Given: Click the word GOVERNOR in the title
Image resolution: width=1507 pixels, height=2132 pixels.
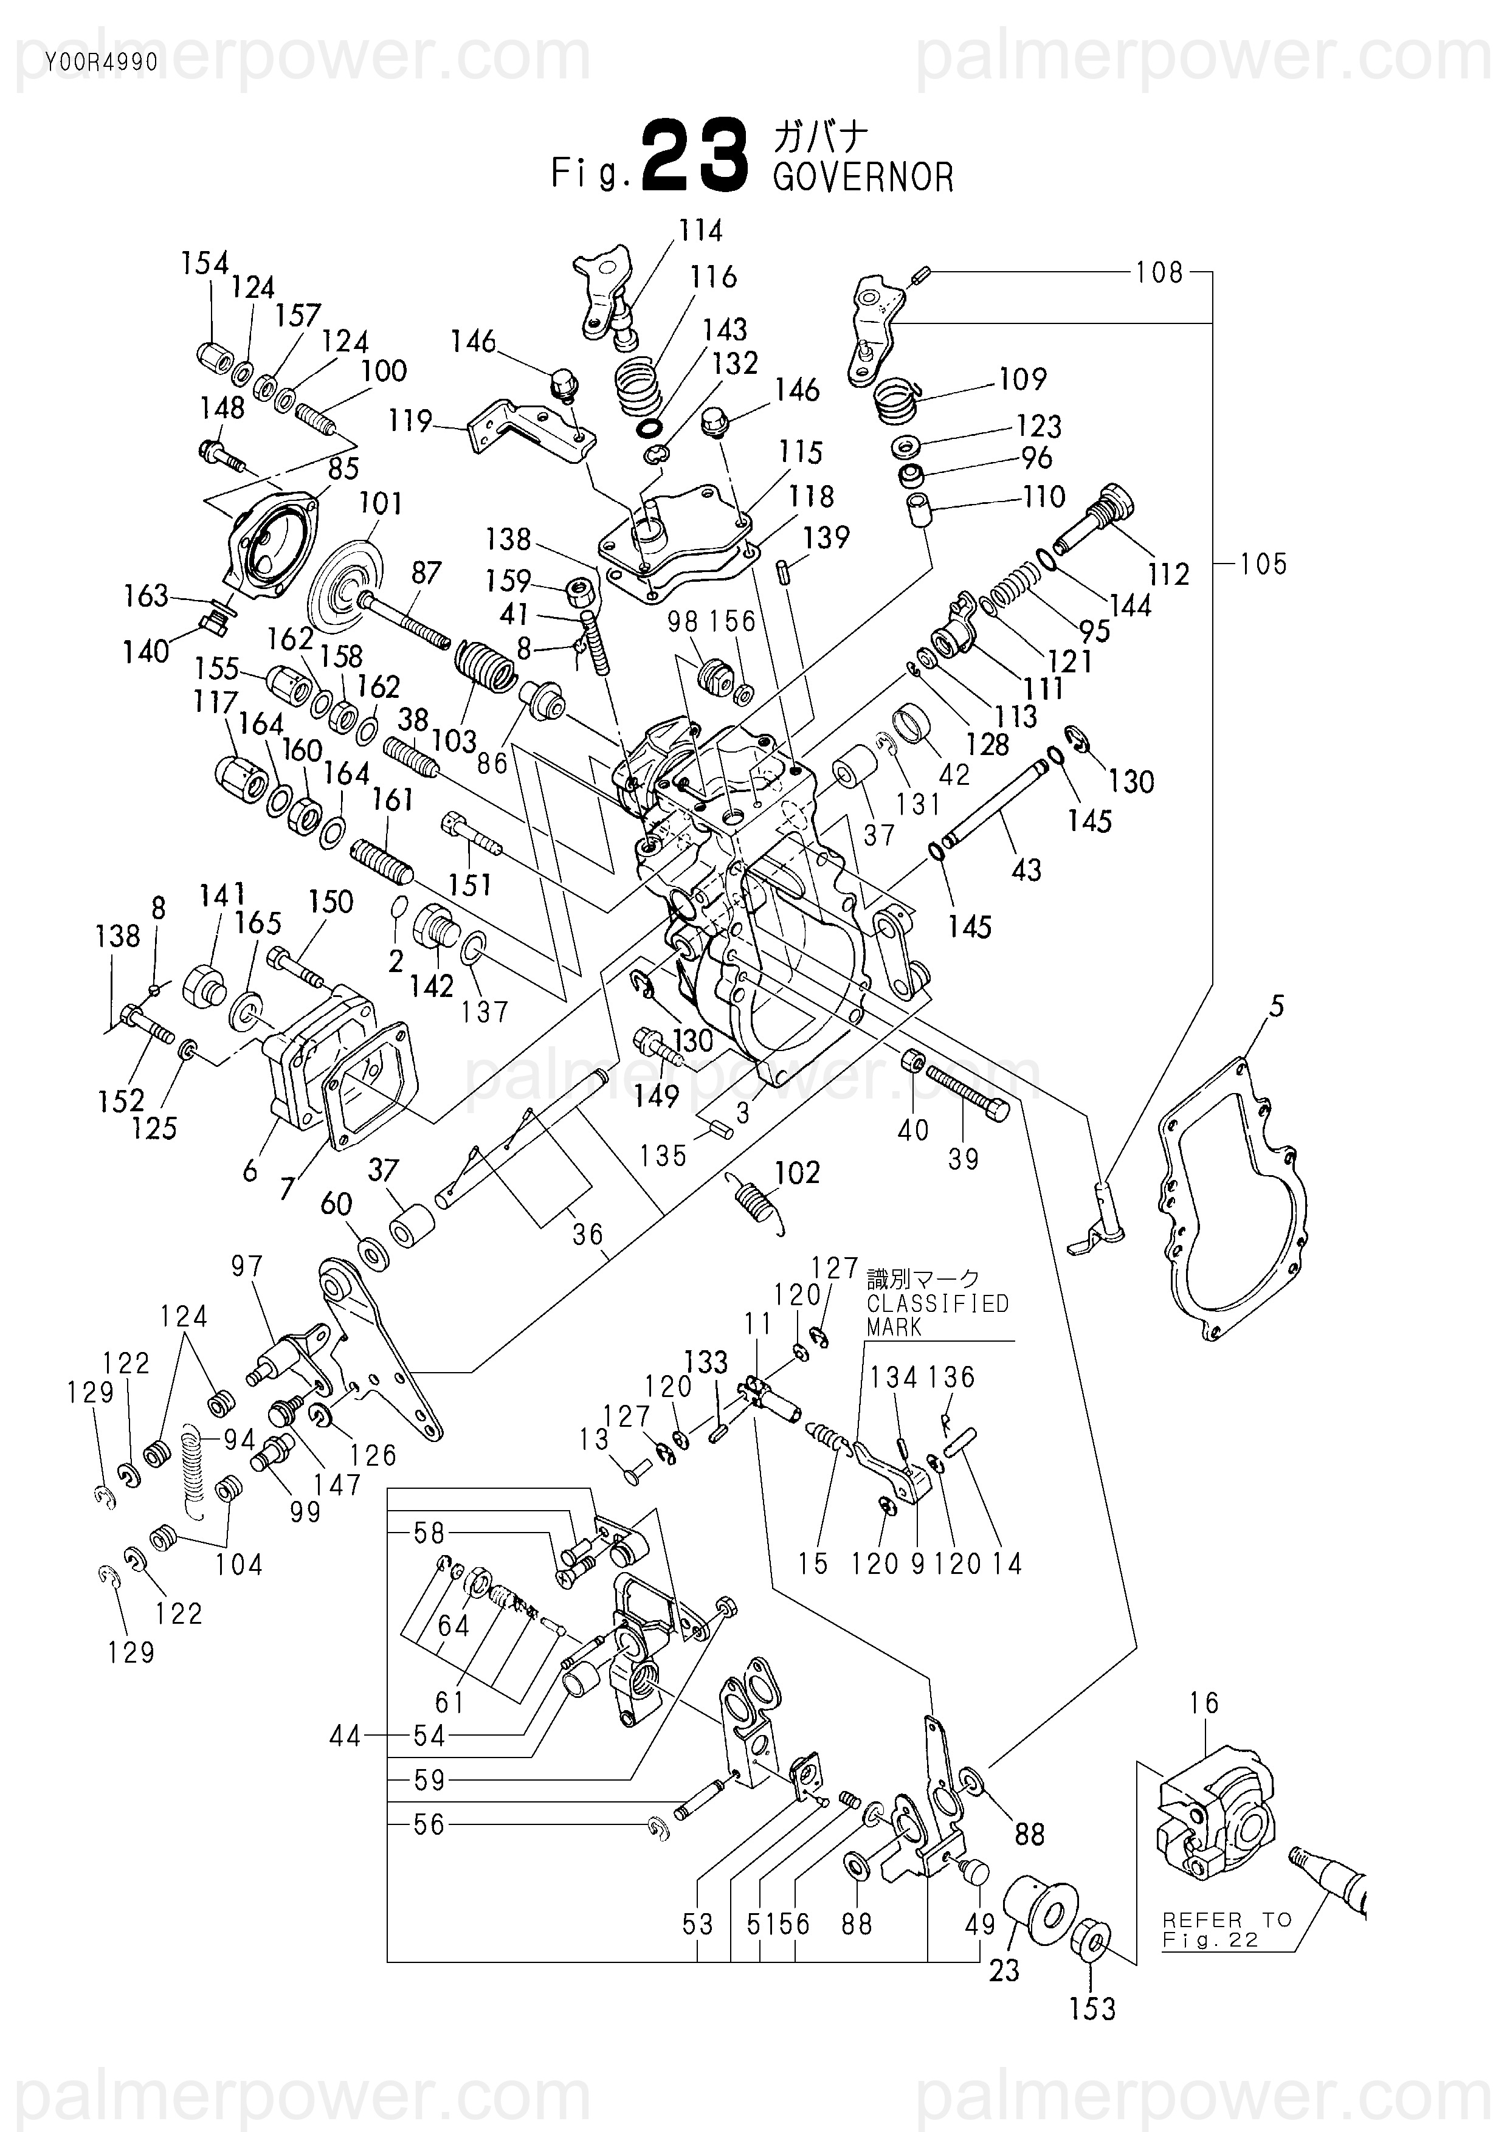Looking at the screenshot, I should coord(863,178).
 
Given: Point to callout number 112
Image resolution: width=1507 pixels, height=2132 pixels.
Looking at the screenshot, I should coord(1168,574).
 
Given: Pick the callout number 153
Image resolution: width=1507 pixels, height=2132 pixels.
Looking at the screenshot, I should coord(1092,2009).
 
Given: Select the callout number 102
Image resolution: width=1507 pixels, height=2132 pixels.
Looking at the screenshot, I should coord(798,1172).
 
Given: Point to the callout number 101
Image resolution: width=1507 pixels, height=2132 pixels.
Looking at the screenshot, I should coord(381,503).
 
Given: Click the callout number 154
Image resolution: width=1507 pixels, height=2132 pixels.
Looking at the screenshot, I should coord(204,264).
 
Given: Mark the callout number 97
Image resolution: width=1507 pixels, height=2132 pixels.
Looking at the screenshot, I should coord(247,1266).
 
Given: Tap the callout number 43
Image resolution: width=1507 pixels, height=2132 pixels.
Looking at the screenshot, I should coord(1026,869).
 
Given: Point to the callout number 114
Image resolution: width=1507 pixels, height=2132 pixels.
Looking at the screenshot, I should coord(700,230).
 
